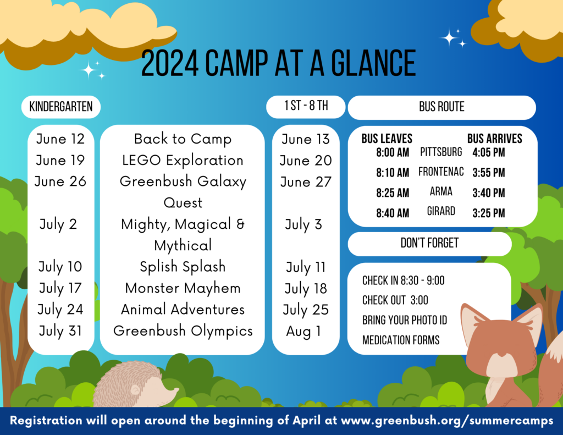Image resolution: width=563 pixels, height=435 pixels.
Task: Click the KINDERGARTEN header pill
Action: click(61, 107)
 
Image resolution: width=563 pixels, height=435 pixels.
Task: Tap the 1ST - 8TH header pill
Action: click(306, 107)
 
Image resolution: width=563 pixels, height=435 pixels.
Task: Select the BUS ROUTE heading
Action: click(441, 107)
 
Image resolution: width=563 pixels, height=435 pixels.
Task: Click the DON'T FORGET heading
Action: click(429, 243)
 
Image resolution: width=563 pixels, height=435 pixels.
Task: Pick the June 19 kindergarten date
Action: click(60, 160)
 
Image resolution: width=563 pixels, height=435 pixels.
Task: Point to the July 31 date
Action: click(60, 331)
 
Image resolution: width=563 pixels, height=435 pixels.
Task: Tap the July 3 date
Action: click(303, 225)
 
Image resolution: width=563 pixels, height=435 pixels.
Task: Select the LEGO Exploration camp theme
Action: click(183, 161)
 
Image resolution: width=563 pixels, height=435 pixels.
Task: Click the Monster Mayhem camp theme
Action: click(183, 289)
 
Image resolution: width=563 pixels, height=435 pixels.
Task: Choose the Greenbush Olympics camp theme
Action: click(183, 331)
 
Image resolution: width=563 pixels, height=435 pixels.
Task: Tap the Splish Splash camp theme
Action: click(183, 267)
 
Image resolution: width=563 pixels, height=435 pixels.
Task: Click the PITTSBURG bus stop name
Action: click(441, 152)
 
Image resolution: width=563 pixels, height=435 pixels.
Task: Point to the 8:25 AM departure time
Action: click(393, 193)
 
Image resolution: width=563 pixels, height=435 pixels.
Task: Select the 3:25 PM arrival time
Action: click(489, 213)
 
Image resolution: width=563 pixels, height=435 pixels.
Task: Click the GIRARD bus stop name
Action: click(441, 211)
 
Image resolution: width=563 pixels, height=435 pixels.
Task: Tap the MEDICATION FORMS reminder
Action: click(401, 340)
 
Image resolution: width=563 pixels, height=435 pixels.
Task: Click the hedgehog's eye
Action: click(135, 390)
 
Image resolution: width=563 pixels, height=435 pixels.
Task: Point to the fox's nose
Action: click(503, 355)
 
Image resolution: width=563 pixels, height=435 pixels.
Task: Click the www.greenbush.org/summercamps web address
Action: click(447, 421)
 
